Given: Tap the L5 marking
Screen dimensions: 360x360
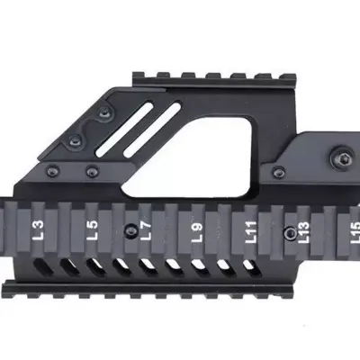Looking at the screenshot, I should (92, 230).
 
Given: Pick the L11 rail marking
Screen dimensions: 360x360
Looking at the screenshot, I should (251, 233).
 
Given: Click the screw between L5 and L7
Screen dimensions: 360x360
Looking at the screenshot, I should (131, 227).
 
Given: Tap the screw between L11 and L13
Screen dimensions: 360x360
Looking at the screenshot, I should (288, 231).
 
